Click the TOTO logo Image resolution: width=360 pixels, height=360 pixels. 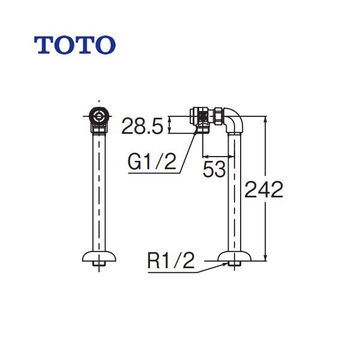pos(74,44)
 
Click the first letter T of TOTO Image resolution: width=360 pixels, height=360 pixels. pos(44,44)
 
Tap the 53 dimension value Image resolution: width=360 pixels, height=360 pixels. pos(214,169)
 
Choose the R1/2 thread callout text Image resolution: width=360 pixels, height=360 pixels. pos(172,261)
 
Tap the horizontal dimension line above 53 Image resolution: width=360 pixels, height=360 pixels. pos(214,152)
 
